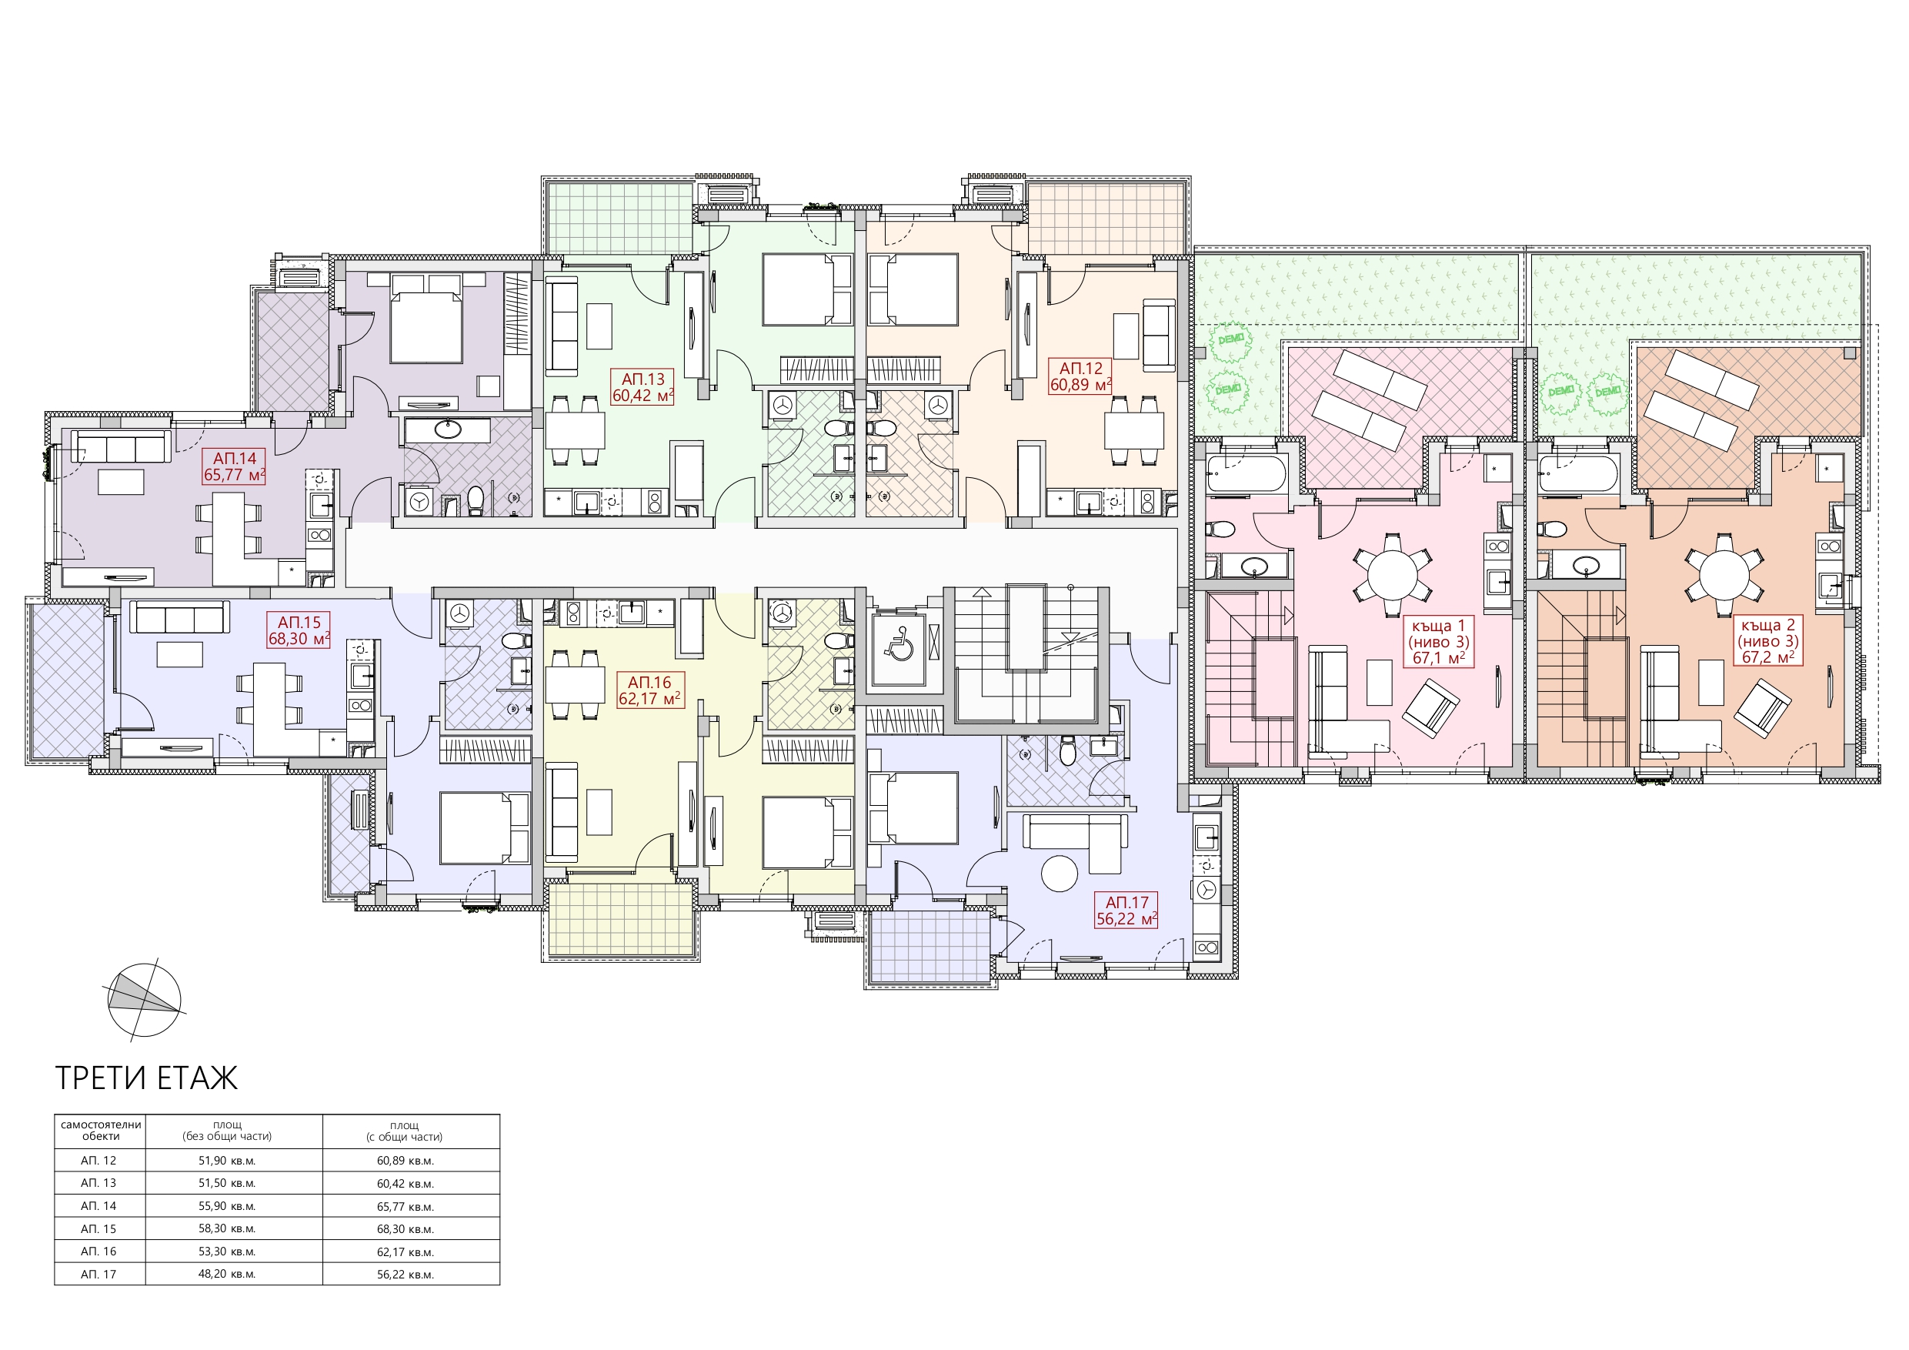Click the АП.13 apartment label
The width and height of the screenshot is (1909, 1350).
coord(642,379)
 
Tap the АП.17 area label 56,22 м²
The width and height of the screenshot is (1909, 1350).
coord(1126,919)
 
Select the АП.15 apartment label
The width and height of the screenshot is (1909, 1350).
coord(299,622)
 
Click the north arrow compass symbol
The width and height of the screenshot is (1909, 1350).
coord(144,1000)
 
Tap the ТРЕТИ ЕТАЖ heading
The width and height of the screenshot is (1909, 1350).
coord(146,1078)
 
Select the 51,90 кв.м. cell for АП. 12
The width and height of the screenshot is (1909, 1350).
coord(227,1161)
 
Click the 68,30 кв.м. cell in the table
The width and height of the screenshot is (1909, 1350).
coord(405,1228)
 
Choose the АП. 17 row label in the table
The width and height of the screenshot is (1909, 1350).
coord(98,1274)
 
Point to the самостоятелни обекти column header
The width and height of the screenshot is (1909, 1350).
coord(101,1131)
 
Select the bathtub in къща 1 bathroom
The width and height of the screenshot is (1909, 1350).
coord(1247,473)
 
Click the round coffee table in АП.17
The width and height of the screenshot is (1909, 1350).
coord(1060,874)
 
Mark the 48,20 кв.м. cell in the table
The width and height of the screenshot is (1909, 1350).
coord(227,1274)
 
